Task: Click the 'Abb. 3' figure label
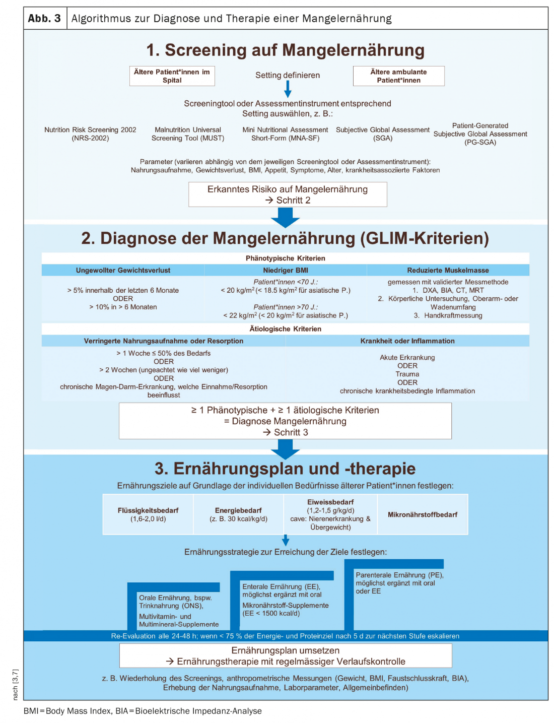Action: pos(44,19)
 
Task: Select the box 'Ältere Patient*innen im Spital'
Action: pos(172,76)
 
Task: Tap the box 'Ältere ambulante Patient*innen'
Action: pos(398,76)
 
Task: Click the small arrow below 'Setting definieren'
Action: pos(288,89)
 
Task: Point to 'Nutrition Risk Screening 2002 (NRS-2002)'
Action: pos(90,134)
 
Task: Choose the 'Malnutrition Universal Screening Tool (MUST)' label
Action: pos(188,134)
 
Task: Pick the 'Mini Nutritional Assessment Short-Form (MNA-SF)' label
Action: pos(285,134)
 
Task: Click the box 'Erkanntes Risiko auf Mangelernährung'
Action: pos(288,194)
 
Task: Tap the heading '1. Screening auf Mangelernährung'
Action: pos(285,50)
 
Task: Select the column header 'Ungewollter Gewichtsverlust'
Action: pos(123,271)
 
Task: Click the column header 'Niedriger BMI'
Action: pos(286,271)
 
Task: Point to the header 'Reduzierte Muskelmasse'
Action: pos(448,271)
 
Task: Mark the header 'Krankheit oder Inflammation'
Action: pos(407,341)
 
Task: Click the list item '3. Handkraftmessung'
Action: pos(448,316)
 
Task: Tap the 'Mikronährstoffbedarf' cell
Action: pos(423,514)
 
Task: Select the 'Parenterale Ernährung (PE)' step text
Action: pos(399,582)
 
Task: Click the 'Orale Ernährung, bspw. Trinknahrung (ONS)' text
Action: pos(176,602)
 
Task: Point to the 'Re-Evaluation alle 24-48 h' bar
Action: pos(285,636)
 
